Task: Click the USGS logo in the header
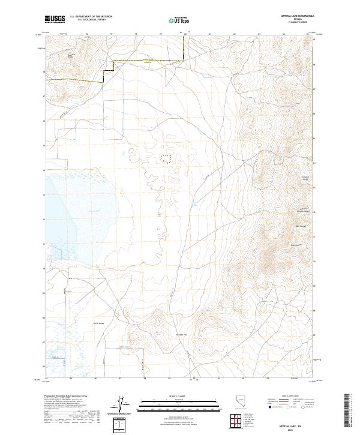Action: [56, 19]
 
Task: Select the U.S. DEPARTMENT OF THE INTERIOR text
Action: [91, 17]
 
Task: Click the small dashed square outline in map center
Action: [165, 158]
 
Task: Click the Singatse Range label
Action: [271, 178]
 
